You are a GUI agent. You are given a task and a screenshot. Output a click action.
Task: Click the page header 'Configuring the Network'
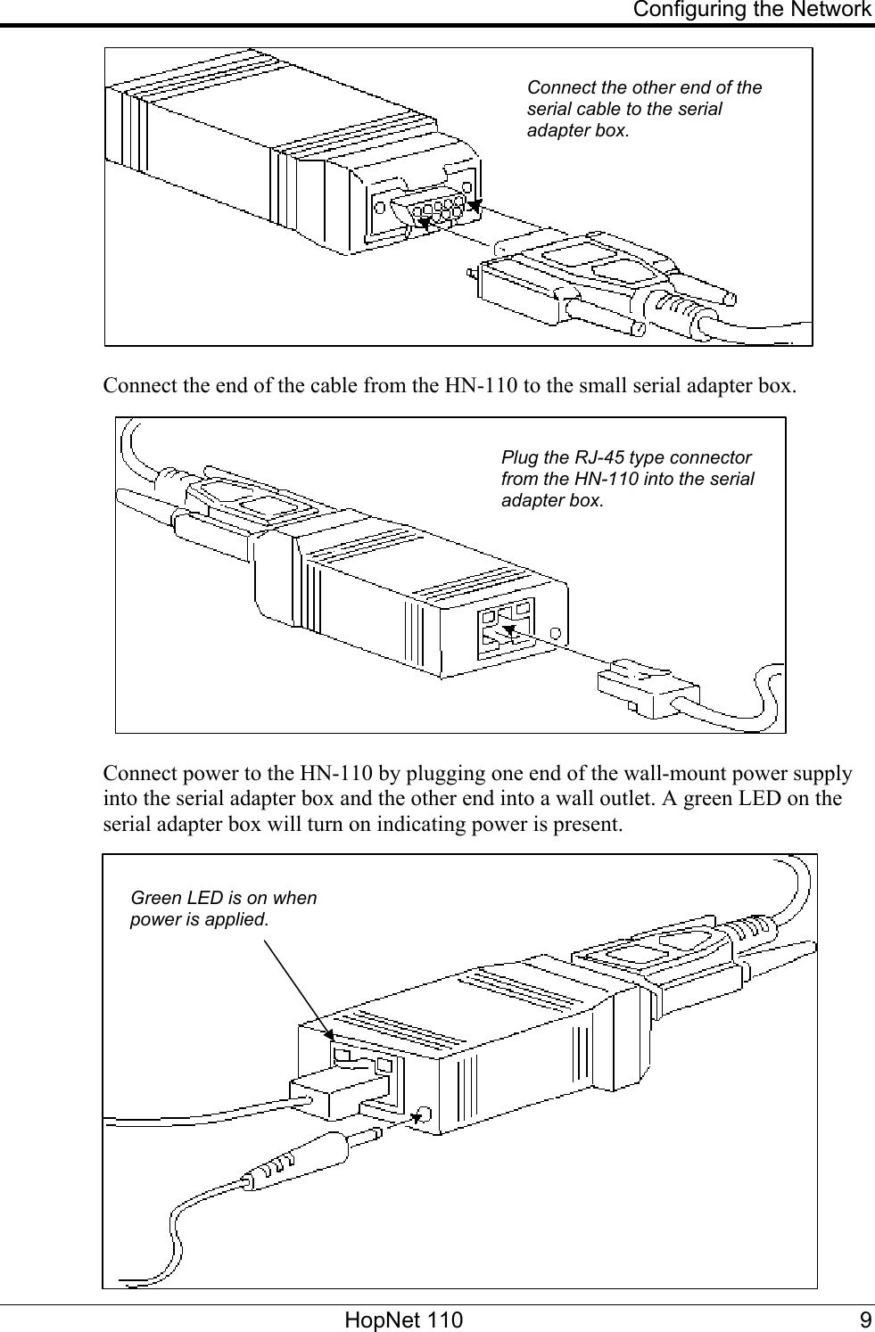[x=752, y=11]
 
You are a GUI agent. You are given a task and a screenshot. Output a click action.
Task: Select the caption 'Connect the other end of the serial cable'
[x=644, y=109]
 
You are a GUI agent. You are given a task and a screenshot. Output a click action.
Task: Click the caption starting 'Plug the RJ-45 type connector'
[x=627, y=479]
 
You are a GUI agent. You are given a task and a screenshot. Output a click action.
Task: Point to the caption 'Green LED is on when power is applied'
[x=223, y=908]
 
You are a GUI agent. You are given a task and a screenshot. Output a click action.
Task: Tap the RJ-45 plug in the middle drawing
[x=647, y=687]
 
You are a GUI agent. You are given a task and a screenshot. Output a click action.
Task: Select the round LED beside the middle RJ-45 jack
[x=557, y=634]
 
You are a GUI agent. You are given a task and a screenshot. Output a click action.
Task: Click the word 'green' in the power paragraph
[x=705, y=797]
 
